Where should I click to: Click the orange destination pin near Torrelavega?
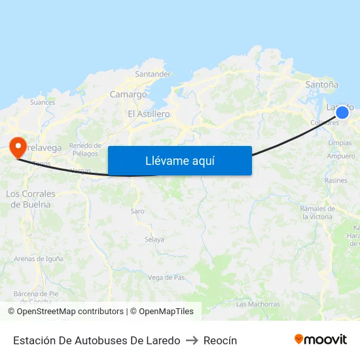pyautogui.click(x=16, y=145)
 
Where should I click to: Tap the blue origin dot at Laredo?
pyautogui.click(x=342, y=112)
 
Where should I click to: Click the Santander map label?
pyautogui.click(x=153, y=74)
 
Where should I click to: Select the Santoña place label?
pyautogui.click(x=322, y=84)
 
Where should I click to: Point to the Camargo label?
pyautogui.click(x=128, y=94)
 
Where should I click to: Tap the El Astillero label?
pyautogui.click(x=149, y=114)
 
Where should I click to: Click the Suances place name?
pyautogui.click(x=43, y=102)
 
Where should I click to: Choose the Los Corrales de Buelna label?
pyautogui.click(x=31, y=199)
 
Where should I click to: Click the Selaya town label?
pyautogui.click(x=154, y=240)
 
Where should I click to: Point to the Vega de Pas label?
pyautogui.click(x=166, y=278)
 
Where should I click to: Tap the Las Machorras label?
pyautogui.click(x=258, y=304)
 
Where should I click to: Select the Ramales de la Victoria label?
pyautogui.click(x=317, y=212)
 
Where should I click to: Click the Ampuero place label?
pyautogui.click(x=341, y=156)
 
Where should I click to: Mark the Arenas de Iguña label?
pyautogui.click(x=39, y=259)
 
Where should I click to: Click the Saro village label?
pyautogui.click(x=137, y=211)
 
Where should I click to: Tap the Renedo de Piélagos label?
pyautogui.click(x=86, y=149)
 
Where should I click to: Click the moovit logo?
pyautogui.click(x=321, y=339)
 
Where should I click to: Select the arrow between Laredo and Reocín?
pyautogui.click(x=192, y=340)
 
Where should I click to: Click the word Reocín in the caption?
pyautogui.click(x=220, y=340)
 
